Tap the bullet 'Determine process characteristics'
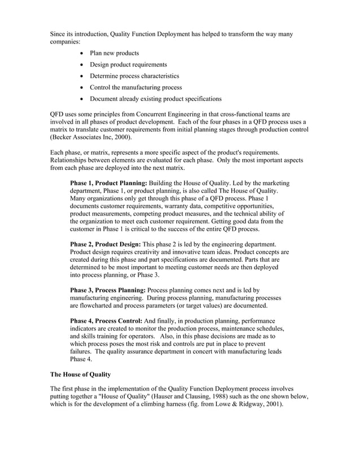pyautogui.click(x=134, y=76)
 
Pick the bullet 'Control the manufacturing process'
pyautogui.click(x=135, y=87)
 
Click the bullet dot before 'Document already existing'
pyautogui.click(x=84, y=99)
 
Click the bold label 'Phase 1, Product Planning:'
pyautogui.click(x=108, y=184)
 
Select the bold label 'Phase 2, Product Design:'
pyautogui.click(x=106, y=243)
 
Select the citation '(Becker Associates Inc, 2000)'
pyautogui.click(x=91, y=137)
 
